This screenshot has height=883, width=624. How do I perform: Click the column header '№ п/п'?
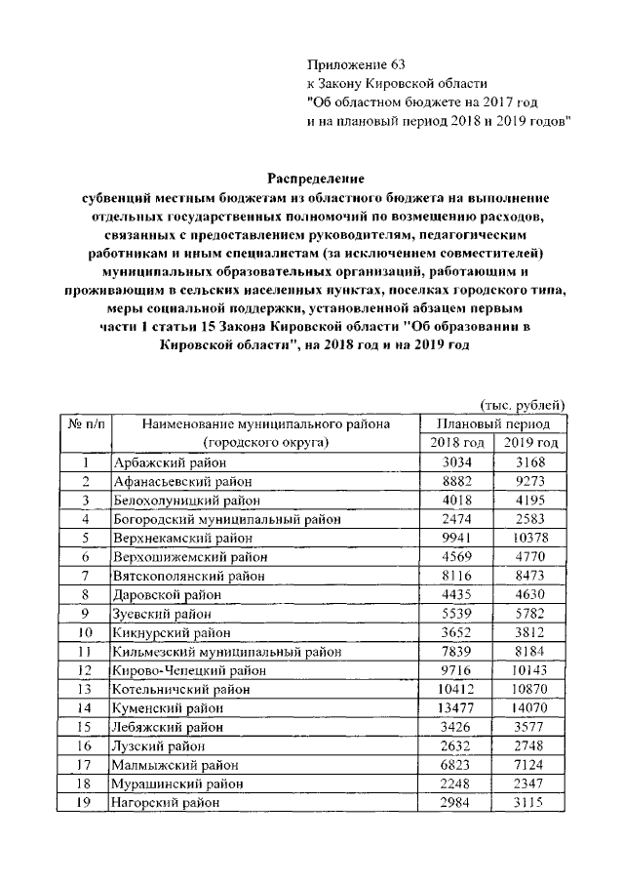click(85, 424)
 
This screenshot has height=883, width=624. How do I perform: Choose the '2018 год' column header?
click(457, 443)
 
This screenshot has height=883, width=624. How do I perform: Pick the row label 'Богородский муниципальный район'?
click(215, 519)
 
